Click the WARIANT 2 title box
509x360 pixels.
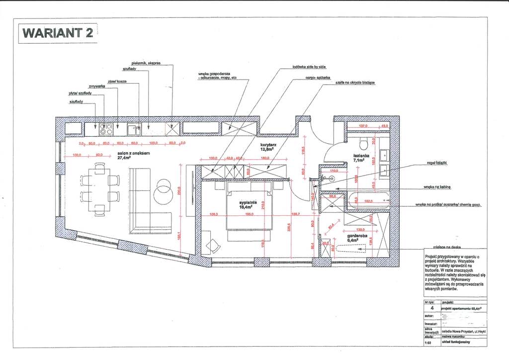pyautogui.click(x=58, y=33)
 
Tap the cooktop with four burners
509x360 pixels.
pyautogui.click(x=105, y=129)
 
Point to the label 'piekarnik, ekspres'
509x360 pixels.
pyautogui.click(x=149, y=64)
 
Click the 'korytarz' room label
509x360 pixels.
pyautogui.click(x=268, y=146)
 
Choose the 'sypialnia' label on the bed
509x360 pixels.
pyautogui.click(x=248, y=203)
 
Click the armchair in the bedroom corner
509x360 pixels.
pyautogui.click(x=213, y=246)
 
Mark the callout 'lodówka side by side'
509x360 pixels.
pyautogui.click(x=309, y=67)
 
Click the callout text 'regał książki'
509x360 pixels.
pyautogui.click(x=437, y=163)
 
